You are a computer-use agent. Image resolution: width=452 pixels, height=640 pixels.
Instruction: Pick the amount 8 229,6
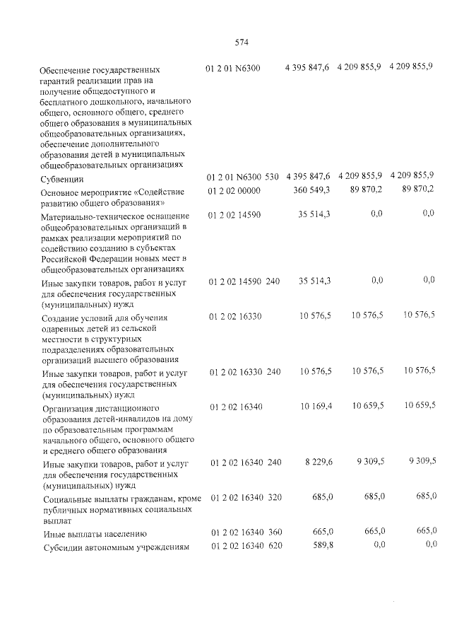point(318,462)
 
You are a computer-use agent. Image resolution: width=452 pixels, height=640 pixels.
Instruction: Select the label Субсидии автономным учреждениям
point(116,547)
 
